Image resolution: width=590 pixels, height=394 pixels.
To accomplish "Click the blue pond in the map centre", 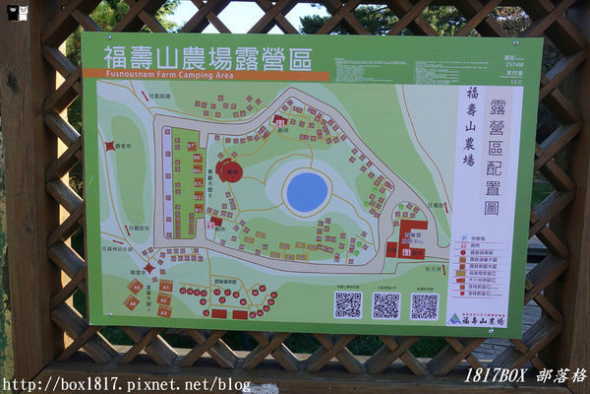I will click(306, 191).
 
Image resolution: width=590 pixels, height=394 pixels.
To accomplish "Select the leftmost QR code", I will click(347, 304).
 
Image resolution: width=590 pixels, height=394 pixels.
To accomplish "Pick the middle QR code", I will click(385, 305).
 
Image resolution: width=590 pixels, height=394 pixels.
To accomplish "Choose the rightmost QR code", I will click(424, 305).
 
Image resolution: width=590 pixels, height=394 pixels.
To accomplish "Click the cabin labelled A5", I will click(136, 287).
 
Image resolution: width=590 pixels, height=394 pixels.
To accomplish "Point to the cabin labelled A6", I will click(131, 302).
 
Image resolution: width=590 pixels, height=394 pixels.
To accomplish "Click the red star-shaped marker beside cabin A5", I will click(149, 267).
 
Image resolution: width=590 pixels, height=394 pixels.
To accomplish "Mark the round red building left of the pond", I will click(230, 170).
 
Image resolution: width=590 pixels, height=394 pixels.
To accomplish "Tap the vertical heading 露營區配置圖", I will click(492, 158).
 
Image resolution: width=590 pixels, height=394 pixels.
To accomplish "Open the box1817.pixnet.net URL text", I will click(126, 384).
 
